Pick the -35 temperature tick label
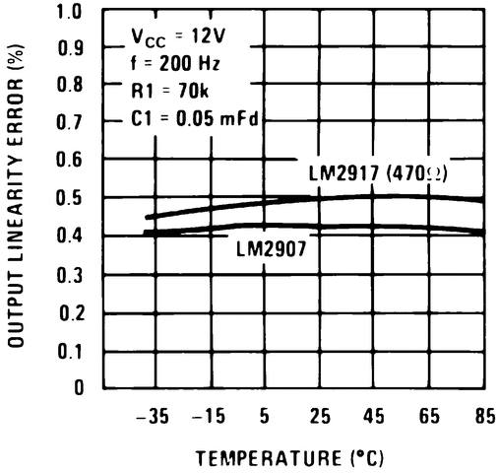point(153,417)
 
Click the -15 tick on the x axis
point(208,417)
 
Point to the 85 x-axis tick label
point(484,417)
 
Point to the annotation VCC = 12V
point(180,38)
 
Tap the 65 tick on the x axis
point(429,417)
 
